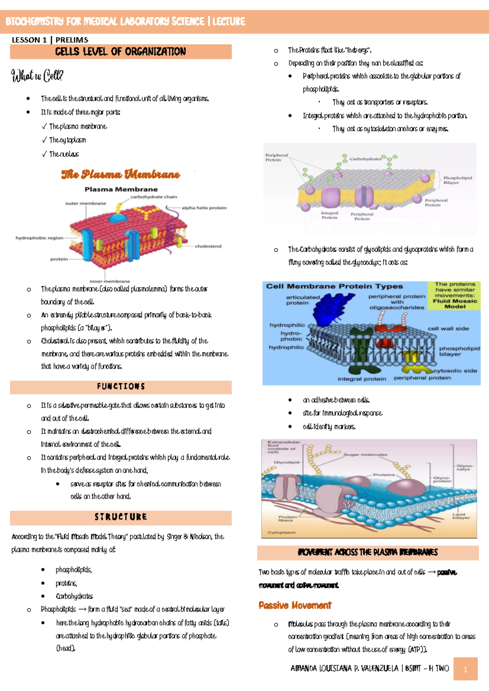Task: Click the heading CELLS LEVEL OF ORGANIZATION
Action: tap(121, 52)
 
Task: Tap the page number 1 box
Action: tap(465, 669)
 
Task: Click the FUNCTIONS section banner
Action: tap(121, 387)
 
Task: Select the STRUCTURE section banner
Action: tap(121, 517)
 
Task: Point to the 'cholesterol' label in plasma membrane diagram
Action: tap(208, 246)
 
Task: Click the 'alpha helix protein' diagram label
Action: tap(204, 208)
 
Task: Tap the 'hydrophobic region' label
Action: tap(39, 238)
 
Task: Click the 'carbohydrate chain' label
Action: tap(154, 197)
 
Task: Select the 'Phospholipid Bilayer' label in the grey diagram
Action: tap(457, 180)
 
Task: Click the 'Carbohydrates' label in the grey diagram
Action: tap(365, 159)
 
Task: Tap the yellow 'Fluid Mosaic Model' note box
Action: tap(454, 295)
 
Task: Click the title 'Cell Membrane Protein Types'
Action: tap(334, 286)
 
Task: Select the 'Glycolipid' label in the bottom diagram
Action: tap(286, 462)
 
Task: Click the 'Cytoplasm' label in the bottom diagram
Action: tap(282, 533)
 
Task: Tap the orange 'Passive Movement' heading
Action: tap(295, 605)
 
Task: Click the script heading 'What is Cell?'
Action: tap(37, 75)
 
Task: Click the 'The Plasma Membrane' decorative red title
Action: tap(121, 174)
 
